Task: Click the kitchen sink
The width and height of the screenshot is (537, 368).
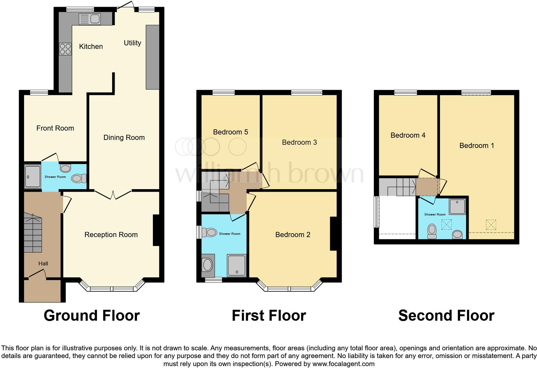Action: tap(90, 19)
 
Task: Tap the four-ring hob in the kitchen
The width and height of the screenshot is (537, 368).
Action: tap(65, 49)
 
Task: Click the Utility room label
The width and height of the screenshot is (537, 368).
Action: tap(132, 43)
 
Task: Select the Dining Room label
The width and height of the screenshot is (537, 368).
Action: tap(124, 138)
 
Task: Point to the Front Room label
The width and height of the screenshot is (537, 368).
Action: tap(55, 128)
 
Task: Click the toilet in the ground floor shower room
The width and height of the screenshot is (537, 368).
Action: tap(79, 178)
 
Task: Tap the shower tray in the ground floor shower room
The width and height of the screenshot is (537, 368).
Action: tap(33, 176)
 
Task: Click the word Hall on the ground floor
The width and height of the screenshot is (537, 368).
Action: tap(43, 263)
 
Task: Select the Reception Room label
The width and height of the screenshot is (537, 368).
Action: tap(111, 235)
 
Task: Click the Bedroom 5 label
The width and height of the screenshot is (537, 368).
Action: tap(230, 132)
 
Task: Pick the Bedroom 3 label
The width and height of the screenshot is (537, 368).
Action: tap(299, 143)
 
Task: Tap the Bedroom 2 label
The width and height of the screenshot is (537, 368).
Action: tap(293, 235)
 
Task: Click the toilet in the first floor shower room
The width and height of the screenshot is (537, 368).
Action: tap(209, 232)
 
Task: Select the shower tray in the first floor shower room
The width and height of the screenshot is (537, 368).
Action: tap(237, 265)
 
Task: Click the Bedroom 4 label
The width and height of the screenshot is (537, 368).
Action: tap(408, 135)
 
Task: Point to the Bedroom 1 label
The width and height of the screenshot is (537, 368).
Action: tap(477, 145)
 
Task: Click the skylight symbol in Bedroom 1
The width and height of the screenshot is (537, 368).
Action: tap(491, 225)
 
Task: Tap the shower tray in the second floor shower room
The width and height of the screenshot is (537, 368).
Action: tap(457, 207)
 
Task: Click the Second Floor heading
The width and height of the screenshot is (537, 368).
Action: tap(446, 316)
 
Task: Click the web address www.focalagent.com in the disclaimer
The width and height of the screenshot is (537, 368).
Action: tap(344, 364)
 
